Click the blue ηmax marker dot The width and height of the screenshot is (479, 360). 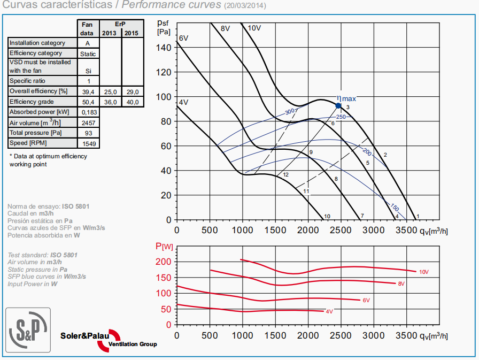tap(338, 105)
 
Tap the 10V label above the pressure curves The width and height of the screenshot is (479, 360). tap(254, 28)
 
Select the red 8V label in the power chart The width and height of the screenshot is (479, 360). tap(401, 284)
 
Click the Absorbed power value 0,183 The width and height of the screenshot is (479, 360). tap(87, 112)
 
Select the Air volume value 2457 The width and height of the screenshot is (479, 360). tap(87, 123)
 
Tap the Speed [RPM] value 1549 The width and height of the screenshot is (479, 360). tap(87, 144)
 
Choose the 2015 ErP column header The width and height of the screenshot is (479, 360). tap(133, 33)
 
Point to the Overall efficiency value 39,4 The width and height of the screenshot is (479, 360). tap(87, 91)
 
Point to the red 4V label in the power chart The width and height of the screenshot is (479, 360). tap(329, 311)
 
